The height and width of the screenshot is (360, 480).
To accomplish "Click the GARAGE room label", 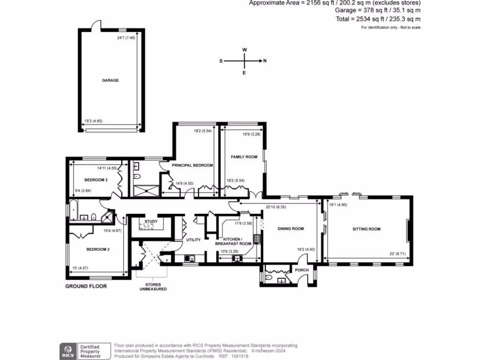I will (x=111, y=80).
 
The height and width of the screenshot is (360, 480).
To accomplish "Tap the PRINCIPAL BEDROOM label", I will (x=192, y=165).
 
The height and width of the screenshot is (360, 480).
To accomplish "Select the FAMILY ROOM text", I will (x=244, y=157).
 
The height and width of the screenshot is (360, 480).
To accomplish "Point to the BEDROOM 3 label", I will (x=96, y=180).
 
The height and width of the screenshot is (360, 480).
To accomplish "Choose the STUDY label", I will (x=151, y=221).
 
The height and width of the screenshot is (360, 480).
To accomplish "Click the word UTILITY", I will (x=194, y=240).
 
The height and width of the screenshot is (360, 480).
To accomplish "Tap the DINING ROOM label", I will (x=291, y=229).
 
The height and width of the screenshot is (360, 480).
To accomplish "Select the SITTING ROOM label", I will (x=367, y=229).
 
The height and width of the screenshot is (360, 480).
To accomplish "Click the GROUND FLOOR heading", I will (x=86, y=286).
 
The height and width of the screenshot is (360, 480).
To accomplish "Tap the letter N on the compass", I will (x=265, y=61).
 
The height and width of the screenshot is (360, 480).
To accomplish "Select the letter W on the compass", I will (x=244, y=49).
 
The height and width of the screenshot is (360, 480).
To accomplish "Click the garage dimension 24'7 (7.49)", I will (x=126, y=38).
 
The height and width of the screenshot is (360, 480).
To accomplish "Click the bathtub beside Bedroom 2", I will (x=74, y=210).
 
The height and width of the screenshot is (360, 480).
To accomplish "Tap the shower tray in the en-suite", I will (x=146, y=189).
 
